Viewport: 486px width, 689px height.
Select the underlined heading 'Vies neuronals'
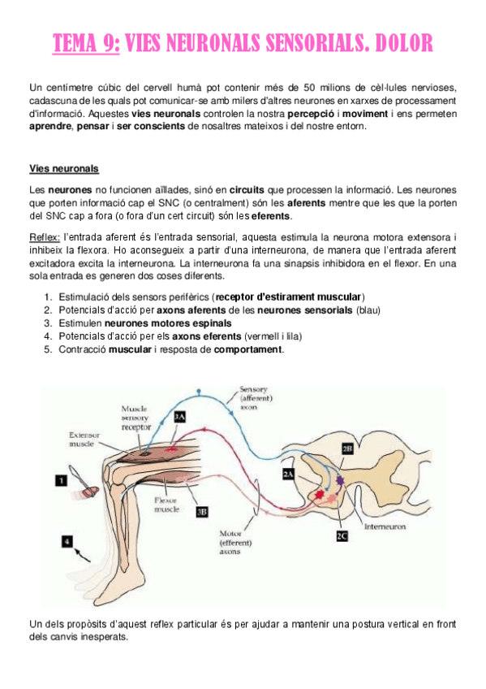click(x=63, y=169)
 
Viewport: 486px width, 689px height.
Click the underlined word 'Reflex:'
click(x=45, y=236)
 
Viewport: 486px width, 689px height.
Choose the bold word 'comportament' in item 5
click(x=248, y=349)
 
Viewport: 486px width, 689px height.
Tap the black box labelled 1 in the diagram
click(x=61, y=480)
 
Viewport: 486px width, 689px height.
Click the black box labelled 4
click(x=67, y=538)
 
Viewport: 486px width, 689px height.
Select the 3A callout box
click(x=180, y=416)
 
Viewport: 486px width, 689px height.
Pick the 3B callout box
click(x=202, y=511)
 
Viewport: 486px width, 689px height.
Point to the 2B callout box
click(x=346, y=447)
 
